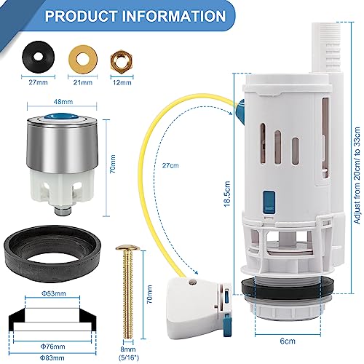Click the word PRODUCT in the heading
[81, 16]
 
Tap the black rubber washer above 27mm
[39, 57]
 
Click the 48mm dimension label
[63, 102]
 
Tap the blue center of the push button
[62, 116]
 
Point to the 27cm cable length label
[170, 166]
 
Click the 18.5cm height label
[227, 194]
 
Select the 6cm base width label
[288, 341]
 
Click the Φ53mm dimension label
[53, 293]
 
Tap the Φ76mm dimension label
[52, 347]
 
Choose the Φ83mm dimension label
[52, 357]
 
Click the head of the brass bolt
[127, 248]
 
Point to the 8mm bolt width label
[128, 349]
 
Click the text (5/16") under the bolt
[128, 357]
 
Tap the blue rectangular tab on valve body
[269, 203]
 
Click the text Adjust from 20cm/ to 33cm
[357, 175]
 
